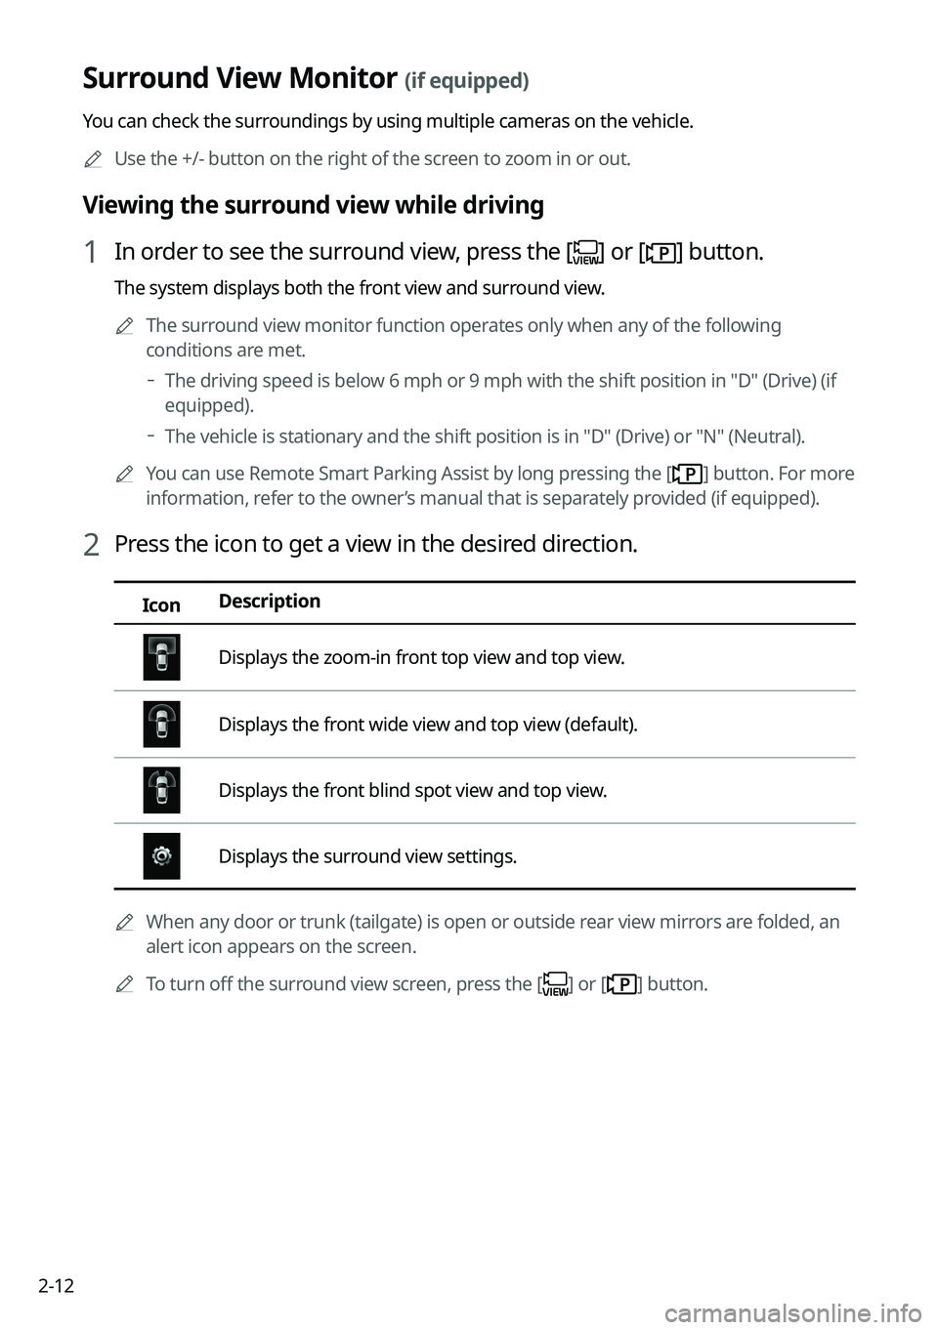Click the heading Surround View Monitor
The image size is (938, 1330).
click(x=239, y=78)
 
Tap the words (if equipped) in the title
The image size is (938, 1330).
click(x=467, y=81)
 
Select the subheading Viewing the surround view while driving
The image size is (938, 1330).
click(x=313, y=205)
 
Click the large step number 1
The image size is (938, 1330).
click(x=90, y=253)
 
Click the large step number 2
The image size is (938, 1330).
click(x=90, y=545)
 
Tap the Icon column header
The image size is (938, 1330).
click(x=161, y=605)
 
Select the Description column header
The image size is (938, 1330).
click(x=270, y=602)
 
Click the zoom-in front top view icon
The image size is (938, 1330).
click(x=161, y=657)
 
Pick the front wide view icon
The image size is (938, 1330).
click(x=161, y=725)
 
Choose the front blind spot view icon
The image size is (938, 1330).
click(x=161, y=790)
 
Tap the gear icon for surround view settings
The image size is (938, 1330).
click(x=161, y=856)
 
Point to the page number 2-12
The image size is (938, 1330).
click(x=57, y=1285)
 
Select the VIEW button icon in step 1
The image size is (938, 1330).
click(x=586, y=253)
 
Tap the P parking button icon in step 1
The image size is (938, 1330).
click(x=661, y=253)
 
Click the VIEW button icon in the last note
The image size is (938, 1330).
click(x=555, y=984)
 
